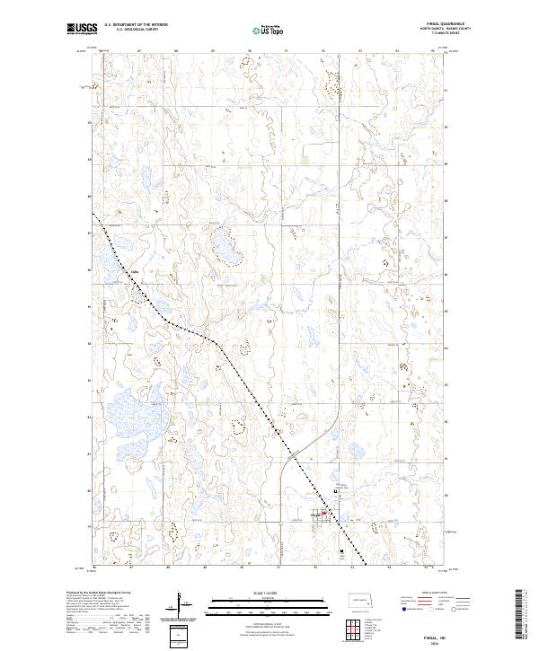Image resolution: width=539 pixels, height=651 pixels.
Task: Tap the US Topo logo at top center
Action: click(269, 30)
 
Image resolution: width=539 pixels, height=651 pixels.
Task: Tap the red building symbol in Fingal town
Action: click(324, 515)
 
